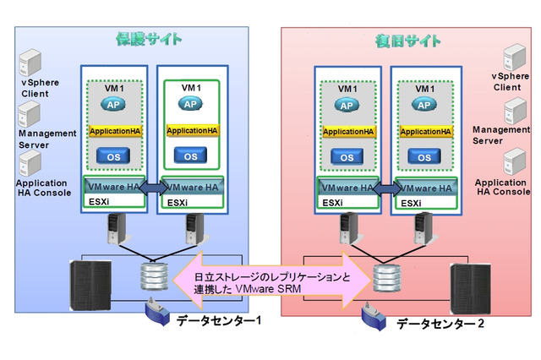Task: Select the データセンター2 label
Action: point(440,324)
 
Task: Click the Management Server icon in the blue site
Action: point(31,114)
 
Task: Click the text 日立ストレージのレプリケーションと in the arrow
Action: point(271,275)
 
